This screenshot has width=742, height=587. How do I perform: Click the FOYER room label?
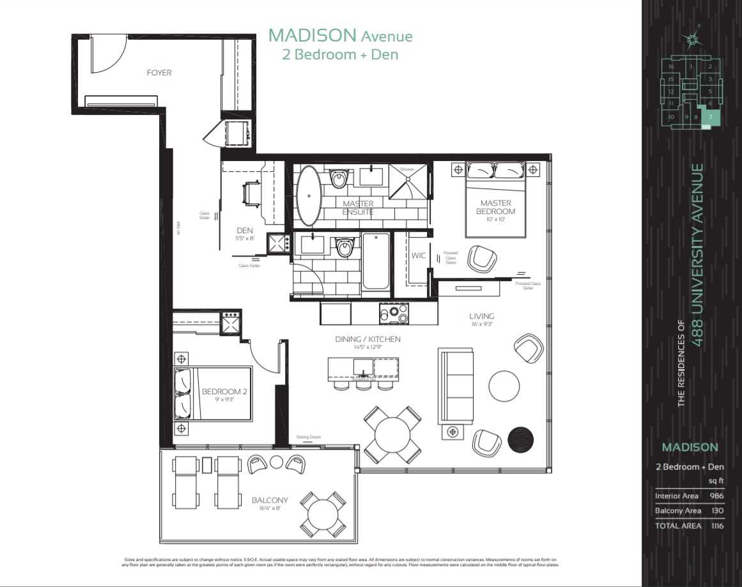(159, 73)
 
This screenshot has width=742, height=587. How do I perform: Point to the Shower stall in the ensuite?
(406, 183)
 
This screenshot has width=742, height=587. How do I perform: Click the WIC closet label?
(419, 255)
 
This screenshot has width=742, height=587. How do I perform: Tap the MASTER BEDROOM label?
(496, 207)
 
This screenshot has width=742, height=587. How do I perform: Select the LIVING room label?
(481, 316)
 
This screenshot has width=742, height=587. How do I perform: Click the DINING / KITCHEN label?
(367, 339)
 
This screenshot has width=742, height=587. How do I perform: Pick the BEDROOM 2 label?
(221, 392)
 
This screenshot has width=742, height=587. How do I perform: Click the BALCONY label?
(269, 500)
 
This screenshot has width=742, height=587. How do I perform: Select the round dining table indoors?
(392, 436)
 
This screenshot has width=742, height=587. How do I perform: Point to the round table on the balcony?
(323, 514)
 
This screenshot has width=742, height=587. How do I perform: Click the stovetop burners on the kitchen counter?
(394, 314)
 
